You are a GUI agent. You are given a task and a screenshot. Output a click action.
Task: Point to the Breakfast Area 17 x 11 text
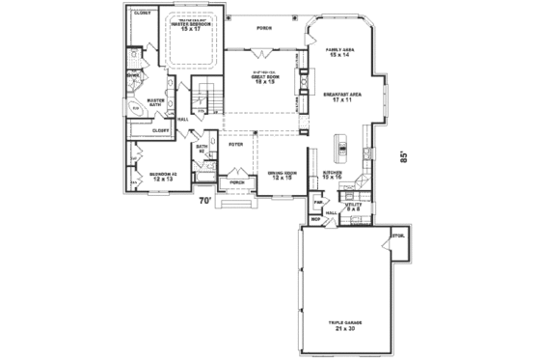(x=341, y=97)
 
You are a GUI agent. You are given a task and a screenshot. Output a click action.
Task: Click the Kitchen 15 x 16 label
(x=334, y=177)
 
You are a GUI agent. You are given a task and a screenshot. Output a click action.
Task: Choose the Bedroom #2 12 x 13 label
(x=163, y=177)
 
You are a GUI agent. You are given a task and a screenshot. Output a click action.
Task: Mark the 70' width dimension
(x=204, y=202)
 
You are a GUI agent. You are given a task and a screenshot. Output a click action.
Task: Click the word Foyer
(x=235, y=146)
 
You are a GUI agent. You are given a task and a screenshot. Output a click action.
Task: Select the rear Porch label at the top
(x=263, y=29)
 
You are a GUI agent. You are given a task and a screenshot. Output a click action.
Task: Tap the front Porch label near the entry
(x=235, y=181)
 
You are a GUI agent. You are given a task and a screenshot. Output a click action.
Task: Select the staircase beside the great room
(x=204, y=97)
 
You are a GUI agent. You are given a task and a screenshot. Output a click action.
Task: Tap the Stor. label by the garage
(x=396, y=235)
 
